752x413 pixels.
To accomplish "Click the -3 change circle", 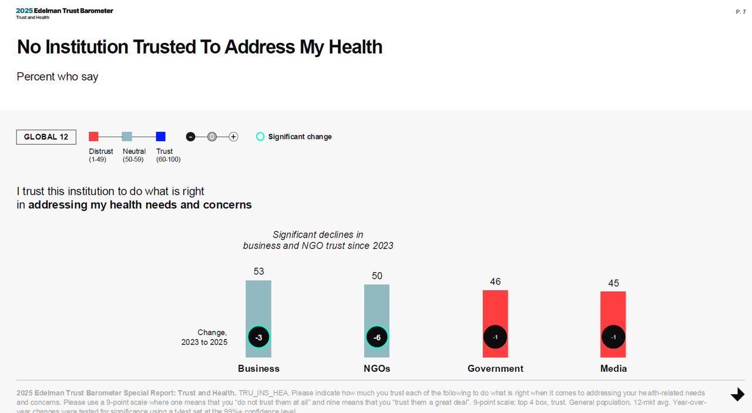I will pyautogui.click(x=258, y=337).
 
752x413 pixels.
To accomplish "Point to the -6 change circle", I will pyautogui.click(x=377, y=337).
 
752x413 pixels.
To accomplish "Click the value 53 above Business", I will pyautogui.click(x=258, y=271).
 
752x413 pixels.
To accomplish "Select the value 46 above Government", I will pyautogui.click(x=495, y=282).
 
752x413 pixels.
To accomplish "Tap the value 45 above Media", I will pyautogui.click(x=613, y=283).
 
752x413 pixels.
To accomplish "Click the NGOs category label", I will pyautogui.click(x=377, y=368).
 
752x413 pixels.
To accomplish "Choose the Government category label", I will pyautogui.click(x=495, y=368).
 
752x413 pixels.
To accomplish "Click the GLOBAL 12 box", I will pyautogui.click(x=46, y=137).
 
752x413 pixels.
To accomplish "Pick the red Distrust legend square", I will pyautogui.click(x=93, y=136).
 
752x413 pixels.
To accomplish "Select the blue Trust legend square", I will pyautogui.click(x=160, y=136).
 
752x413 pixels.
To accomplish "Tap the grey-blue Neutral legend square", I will pyautogui.click(x=127, y=136).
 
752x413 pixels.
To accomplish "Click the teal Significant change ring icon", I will pyautogui.click(x=260, y=136).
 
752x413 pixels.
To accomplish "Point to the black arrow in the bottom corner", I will pyautogui.click(x=737, y=394).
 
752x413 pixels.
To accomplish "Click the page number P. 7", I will pyautogui.click(x=740, y=12).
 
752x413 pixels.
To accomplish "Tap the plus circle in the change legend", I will pyautogui.click(x=233, y=136).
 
